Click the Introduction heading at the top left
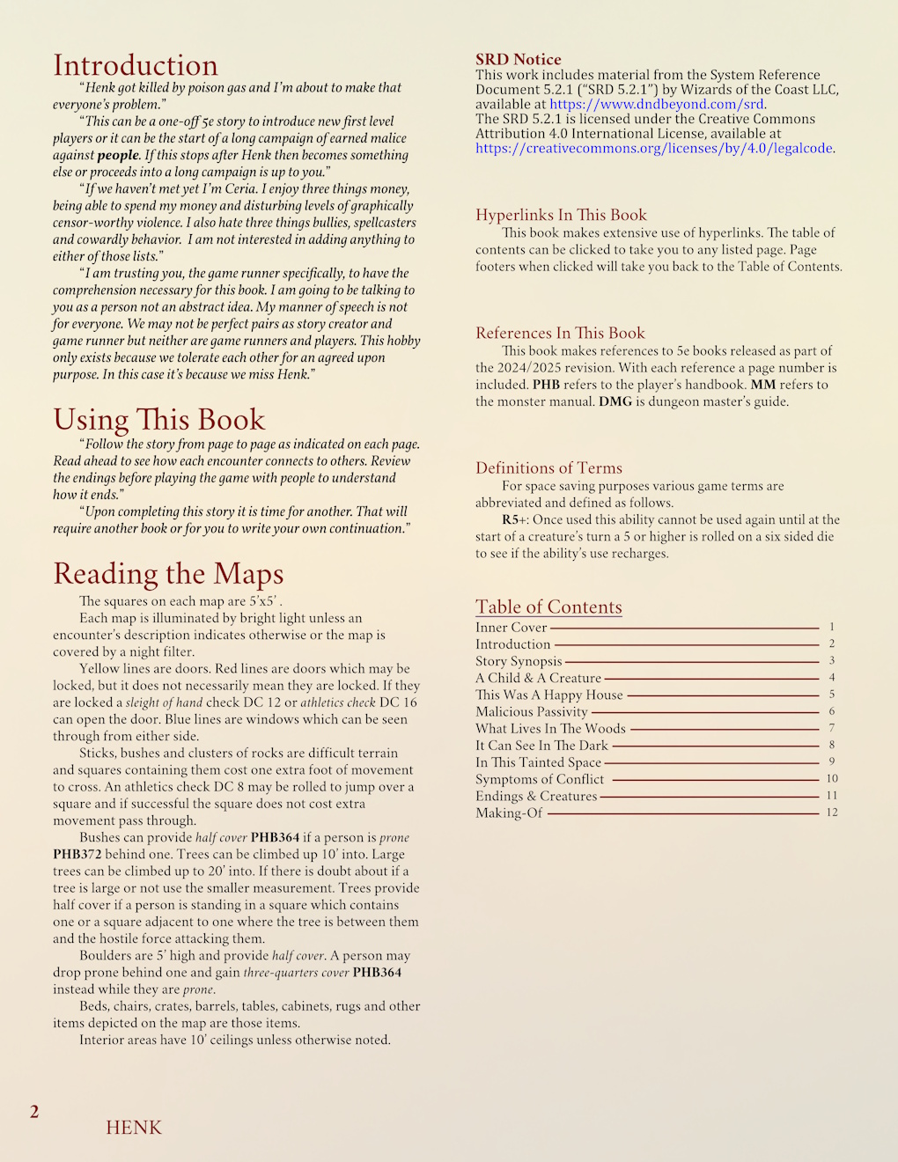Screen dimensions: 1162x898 click(136, 65)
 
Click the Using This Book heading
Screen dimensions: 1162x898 click(158, 419)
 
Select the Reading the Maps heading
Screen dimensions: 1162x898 click(168, 573)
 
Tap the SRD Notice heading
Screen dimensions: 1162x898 click(518, 59)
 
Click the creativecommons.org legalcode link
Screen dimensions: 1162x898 click(653, 148)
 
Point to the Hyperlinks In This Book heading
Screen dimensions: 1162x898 click(561, 215)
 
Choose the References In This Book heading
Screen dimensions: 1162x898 click(560, 333)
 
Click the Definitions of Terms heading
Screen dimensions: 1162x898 click(548, 467)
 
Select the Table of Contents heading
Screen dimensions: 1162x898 click(548, 607)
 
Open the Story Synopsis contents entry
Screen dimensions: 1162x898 click(519, 661)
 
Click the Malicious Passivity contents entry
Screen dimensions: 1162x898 click(531, 711)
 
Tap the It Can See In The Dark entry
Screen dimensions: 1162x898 click(541, 745)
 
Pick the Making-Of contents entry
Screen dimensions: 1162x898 click(509, 813)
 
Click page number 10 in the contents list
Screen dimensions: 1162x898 click(832, 778)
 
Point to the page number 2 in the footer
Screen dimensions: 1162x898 click(34, 1112)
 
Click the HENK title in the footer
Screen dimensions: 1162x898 click(134, 1128)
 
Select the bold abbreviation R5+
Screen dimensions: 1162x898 click(515, 519)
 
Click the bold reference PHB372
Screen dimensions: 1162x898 click(78, 854)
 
